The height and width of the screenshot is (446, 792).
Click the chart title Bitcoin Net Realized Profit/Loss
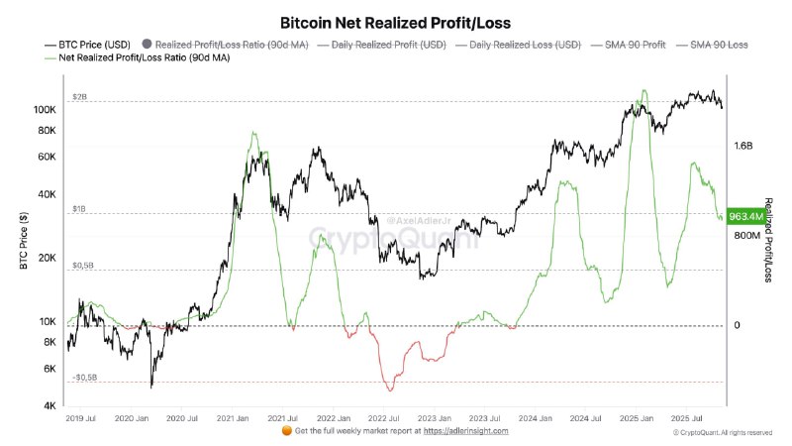395,21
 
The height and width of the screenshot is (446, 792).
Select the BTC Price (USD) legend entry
87,45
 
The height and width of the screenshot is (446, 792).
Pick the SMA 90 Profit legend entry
632,45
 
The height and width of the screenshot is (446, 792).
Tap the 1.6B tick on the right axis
744,146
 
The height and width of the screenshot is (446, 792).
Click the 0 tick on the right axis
737,325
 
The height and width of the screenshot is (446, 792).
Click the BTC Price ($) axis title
22,243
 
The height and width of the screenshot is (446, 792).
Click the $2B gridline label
79,98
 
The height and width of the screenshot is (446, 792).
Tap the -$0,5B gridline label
84,377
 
